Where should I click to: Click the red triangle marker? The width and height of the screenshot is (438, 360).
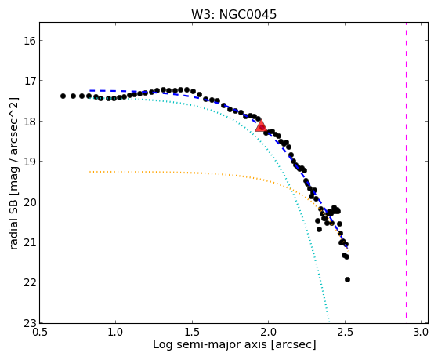(261, 126)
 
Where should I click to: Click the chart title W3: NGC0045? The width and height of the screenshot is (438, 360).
(233, 15)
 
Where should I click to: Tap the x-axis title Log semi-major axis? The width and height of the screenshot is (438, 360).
(234, 344)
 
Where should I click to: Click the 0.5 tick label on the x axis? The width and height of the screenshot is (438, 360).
(39, 333)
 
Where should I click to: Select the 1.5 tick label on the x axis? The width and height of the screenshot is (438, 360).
(192, 333)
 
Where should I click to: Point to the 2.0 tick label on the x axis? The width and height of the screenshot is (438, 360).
(269, 333)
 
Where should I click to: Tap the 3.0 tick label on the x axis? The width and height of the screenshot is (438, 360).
(421, 333)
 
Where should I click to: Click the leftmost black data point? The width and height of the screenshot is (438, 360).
(63, 96)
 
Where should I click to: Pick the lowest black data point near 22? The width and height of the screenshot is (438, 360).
(347, 279)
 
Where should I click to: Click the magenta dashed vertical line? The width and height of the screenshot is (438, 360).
(406, 170)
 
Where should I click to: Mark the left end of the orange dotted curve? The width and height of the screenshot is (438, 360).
(89, 172)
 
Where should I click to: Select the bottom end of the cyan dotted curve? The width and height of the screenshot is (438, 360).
(329, 322)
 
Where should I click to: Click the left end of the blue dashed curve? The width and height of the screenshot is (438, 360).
(89, 91)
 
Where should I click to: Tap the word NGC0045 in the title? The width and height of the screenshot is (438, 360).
(248, 15)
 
